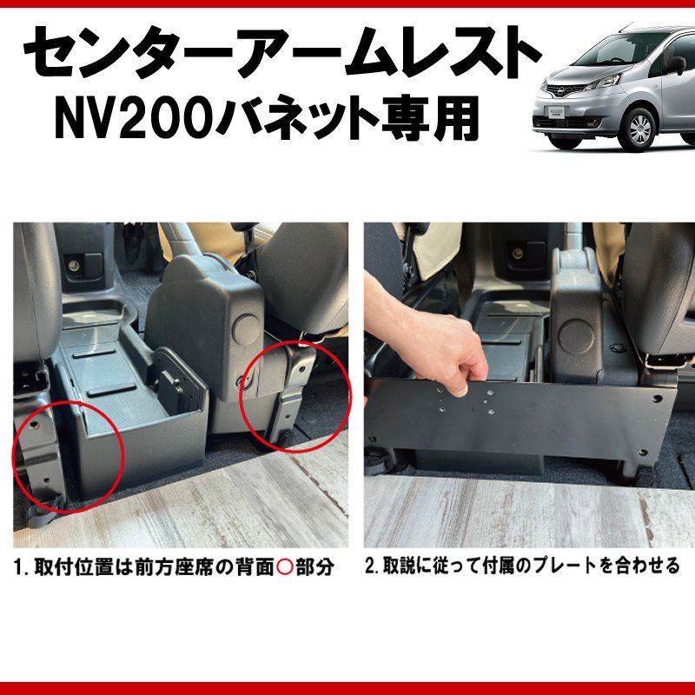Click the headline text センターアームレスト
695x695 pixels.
click(x=283, y=52)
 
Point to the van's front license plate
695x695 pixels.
click(x=556, y=111)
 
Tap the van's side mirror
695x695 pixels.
click(x=676, y=64)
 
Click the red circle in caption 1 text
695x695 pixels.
click(x=285, y=566)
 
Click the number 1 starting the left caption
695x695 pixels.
click(x=18, y=567)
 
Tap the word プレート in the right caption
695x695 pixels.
click(x=566, y=566)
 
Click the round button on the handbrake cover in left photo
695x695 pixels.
click(x=248, y=328)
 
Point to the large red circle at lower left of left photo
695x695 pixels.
click(x=68, y=458)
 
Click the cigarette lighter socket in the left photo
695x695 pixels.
click(x=74, y=266)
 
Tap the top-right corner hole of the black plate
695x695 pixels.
click(x=657, y=399)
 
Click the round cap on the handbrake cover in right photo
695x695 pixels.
click(x=576, y=336)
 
